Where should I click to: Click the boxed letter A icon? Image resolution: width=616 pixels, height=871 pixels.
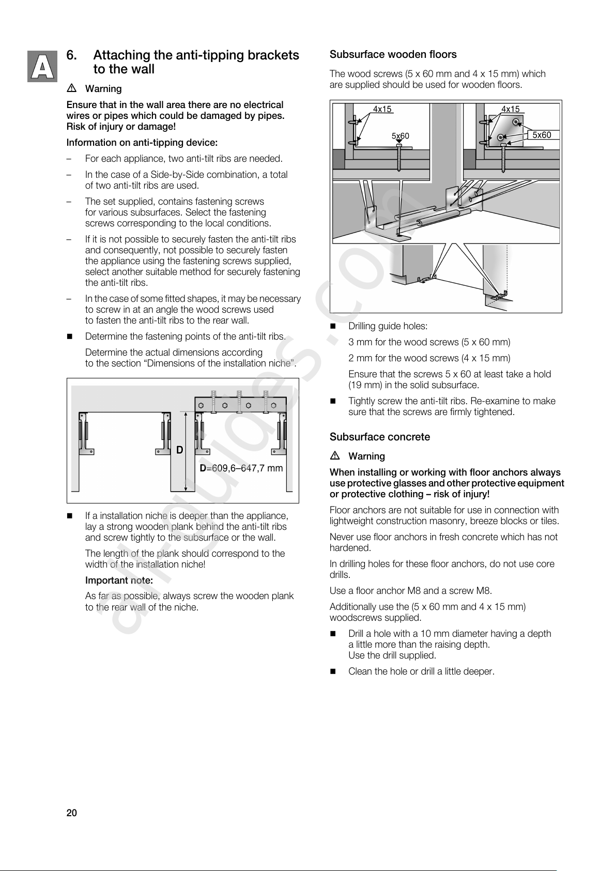[x=42, y=67]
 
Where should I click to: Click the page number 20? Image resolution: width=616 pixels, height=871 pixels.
[x=71, y=813]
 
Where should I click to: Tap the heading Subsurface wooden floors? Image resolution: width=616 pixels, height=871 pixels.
[x=393, y=54]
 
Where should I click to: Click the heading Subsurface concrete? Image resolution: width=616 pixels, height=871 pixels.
[x=379, y=437]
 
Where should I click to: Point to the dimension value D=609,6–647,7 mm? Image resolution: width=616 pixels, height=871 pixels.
[x=241, y=468]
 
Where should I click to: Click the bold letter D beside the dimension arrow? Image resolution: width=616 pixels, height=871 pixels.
[x=179, y=450]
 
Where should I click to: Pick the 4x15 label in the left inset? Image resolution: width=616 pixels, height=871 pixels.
[x=382, y=109]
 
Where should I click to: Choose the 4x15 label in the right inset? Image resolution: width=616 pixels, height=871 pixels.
[x=511, y=109]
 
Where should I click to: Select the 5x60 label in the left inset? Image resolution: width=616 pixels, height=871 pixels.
[x=400, y=136]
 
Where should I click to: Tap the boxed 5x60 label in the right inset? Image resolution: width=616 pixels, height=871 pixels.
[x=542, y=135]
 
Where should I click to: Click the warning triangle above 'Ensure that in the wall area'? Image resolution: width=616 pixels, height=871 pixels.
[x=71, y=88]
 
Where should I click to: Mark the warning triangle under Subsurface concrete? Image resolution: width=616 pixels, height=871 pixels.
[x=334, y=456]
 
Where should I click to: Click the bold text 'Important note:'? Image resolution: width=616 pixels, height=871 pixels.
[x=119, y=580]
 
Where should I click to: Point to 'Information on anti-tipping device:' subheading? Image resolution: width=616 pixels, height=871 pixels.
[x=142, y=143]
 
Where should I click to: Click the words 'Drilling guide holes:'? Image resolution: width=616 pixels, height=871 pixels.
[x=388, y=326]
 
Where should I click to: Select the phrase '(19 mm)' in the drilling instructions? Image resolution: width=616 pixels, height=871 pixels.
[x=364, y=385]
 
